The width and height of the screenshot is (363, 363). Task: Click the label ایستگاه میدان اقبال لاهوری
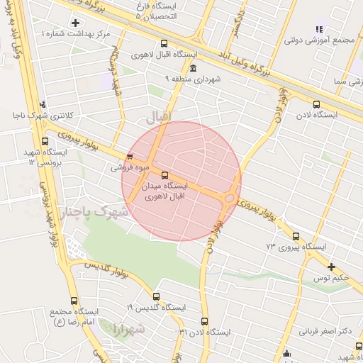(x=165, y=191)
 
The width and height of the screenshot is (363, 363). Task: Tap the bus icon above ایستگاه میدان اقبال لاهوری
(x=165, y=175)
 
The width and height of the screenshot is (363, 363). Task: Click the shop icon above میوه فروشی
(x=128, y=157)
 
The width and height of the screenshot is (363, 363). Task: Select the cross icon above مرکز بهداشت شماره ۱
(x=76, y=23)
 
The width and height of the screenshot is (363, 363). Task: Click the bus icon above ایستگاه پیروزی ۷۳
(x=296, y=237)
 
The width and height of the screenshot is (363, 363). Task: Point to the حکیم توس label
(x=331, y=278)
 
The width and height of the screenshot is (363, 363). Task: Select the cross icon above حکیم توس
(x=331, y=267)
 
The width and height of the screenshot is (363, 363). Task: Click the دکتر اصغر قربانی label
(x=325, y=331)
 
